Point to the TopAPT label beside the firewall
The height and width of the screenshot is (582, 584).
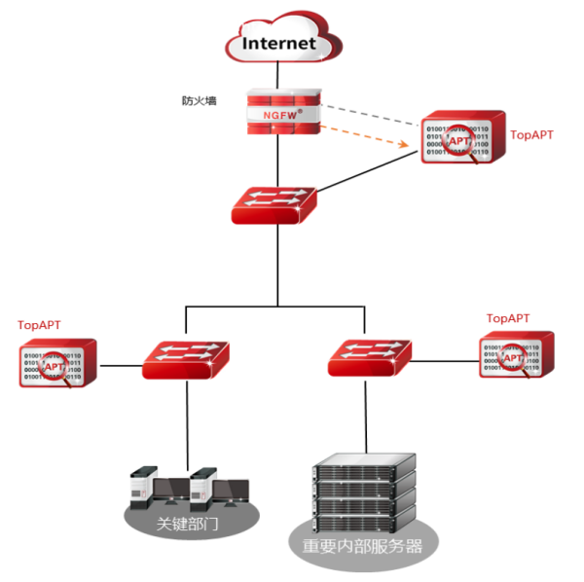click(531, 135)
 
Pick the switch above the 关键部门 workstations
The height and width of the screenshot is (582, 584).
click(185, 359)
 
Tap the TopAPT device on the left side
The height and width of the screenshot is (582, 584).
click(57, 364)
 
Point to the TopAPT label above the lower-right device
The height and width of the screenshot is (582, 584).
click(508, 318)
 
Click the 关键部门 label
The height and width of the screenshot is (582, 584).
click(190, 523)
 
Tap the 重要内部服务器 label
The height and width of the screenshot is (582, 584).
click(364, 547)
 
